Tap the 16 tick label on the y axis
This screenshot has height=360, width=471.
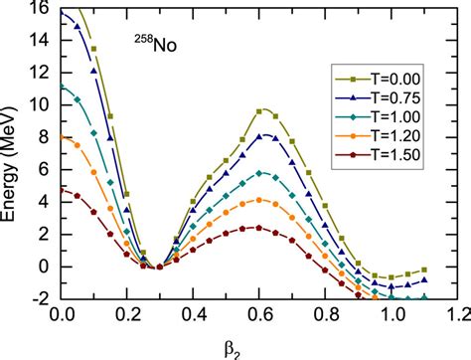tap(43, 8)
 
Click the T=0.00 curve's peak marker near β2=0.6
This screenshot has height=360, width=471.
tap(259, 111)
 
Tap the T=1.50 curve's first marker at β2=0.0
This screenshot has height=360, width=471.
tap(61, 190)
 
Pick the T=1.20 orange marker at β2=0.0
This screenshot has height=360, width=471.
tap(61, 137)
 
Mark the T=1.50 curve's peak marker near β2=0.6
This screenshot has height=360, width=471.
tap(259, 228)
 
